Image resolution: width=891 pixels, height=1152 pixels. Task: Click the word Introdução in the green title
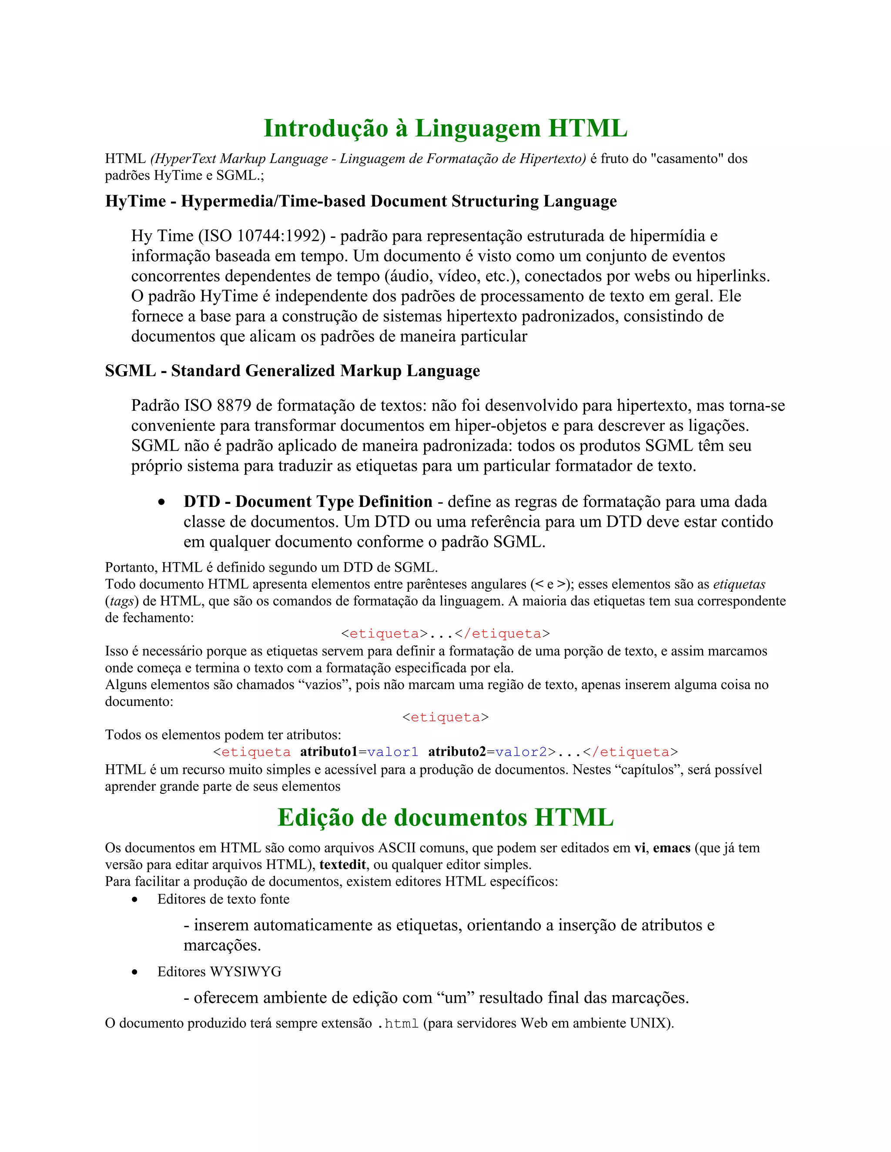tap(326, 128)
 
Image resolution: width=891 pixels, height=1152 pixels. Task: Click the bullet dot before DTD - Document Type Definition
tap(161, 502)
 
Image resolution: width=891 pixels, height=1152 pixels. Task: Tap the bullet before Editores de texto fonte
tap(135, 900)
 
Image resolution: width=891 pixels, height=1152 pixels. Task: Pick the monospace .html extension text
tap(398, 1024)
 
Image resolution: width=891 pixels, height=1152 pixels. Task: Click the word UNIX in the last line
tap(648, 1023)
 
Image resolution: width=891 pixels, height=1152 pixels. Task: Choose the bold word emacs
tap(671, 848)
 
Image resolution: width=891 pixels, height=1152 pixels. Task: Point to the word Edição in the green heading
tap(314, 818)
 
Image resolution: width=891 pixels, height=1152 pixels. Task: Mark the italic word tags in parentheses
tap(121, 601)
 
